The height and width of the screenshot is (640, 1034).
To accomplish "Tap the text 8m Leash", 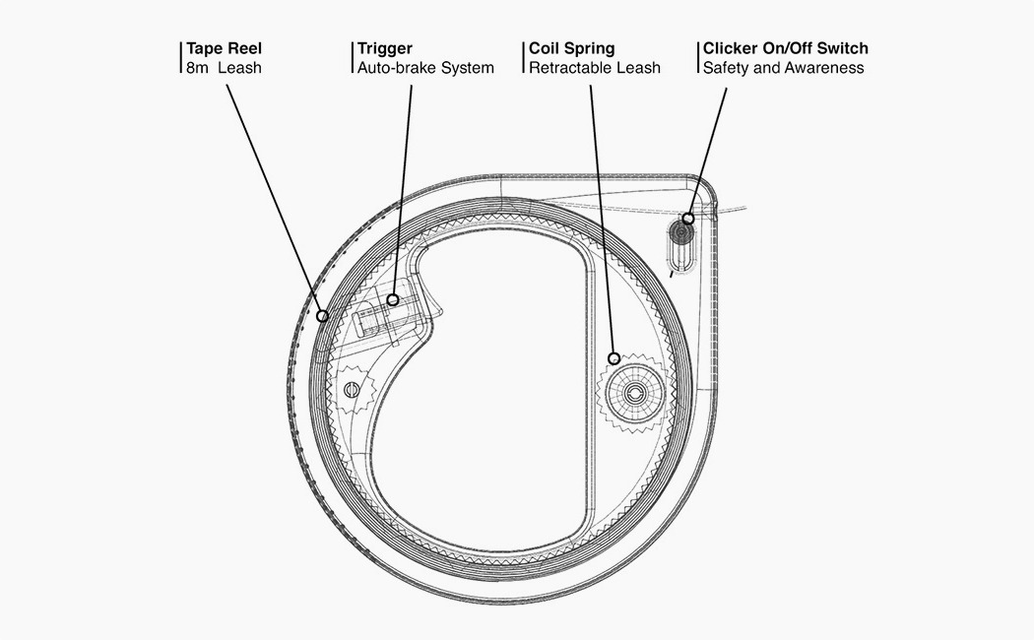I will click(x=224, y=68).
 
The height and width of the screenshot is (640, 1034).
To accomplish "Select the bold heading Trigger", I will click(x=384, y=48).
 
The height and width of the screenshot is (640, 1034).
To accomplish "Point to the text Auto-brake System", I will click(x=425, y=68).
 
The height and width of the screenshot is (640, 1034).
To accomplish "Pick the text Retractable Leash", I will click(x=595, y=68).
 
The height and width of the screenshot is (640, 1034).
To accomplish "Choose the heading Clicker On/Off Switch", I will click(x=785, y=48).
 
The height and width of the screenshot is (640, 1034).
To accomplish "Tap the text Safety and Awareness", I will click(x=783, y=68).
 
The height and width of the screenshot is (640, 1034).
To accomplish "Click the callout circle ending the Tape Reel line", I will click(x=322, y=316).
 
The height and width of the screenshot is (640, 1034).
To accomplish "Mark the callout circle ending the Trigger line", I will click(x=393, y=298).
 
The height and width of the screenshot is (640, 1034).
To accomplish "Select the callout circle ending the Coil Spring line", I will click(x=614, y=358).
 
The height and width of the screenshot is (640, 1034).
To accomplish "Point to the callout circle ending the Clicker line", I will click(x=688, y=219).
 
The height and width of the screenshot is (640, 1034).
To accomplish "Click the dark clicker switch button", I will click(x=679, y=233).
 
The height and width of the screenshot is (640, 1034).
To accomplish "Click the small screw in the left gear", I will click(x=351, y=389).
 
